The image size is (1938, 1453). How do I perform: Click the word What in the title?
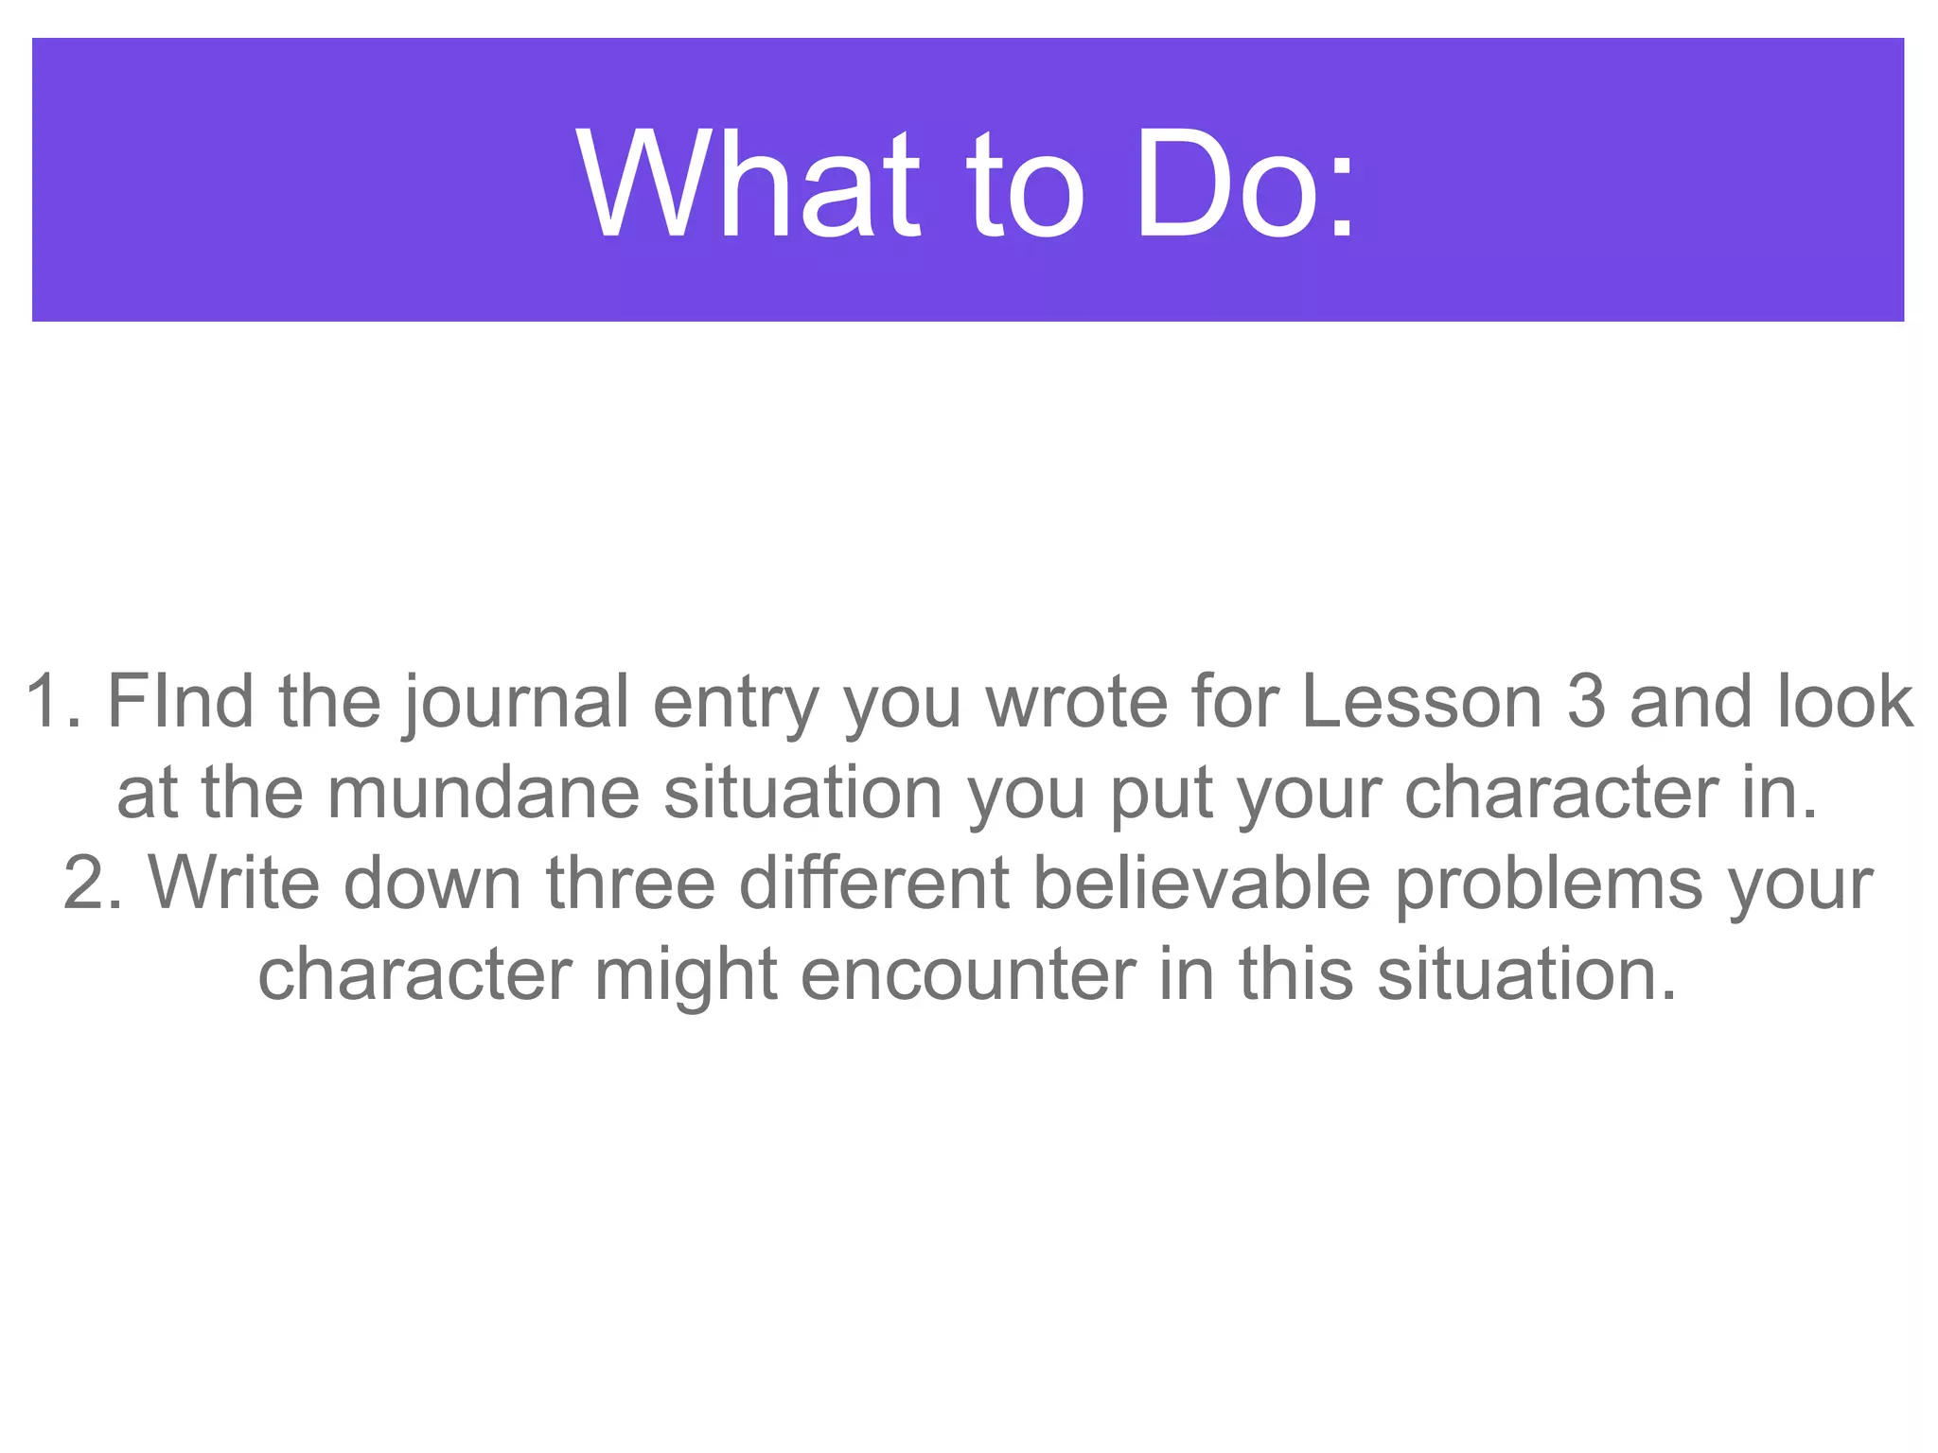[x=748, y=184]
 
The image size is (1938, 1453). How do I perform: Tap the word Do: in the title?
[x=1245, y=184]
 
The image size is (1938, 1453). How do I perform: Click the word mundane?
[x=484, y=793]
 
